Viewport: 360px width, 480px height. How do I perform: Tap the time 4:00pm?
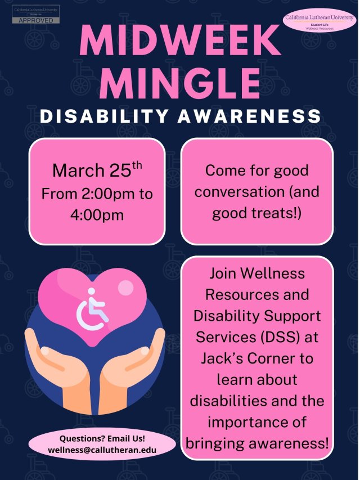pos(97,215)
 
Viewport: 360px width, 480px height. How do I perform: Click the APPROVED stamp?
pos(36,20)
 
